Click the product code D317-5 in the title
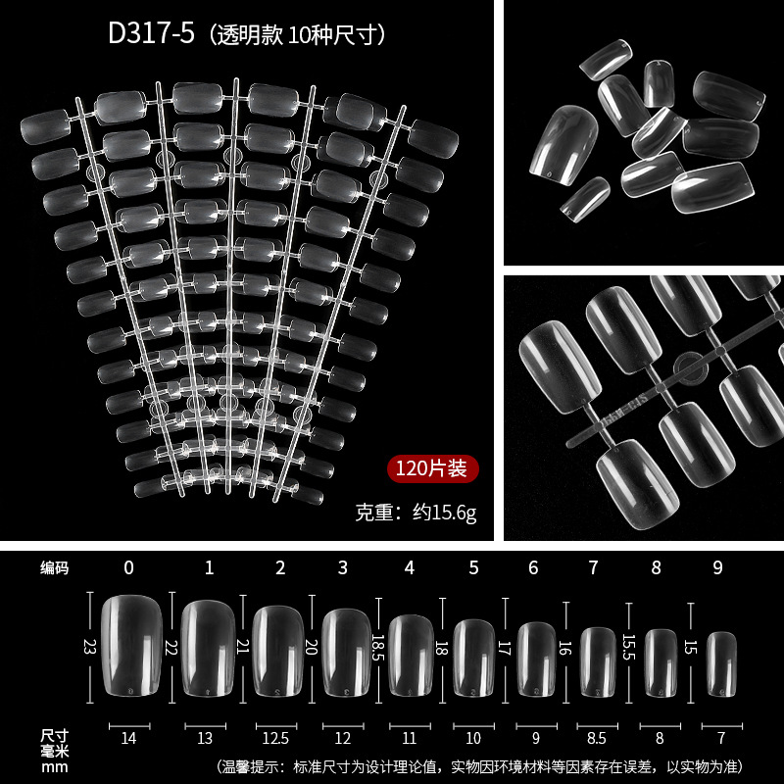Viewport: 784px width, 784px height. (x=151, y=34)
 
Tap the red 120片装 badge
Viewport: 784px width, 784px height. (x=432, y=468)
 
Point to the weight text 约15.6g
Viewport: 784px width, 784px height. (x=445, y=513)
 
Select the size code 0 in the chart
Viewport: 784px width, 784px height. (x=129, y=567)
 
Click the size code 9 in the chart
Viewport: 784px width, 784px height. (x=718, y=567)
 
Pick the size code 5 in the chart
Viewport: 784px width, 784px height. (x=474, y=567)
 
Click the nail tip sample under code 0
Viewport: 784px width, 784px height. (x=132, y=645)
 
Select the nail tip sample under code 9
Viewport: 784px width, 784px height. (x=721, y=664)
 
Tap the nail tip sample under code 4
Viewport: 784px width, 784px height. (x=411, y=656)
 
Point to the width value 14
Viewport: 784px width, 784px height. (x=128, y=738)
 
